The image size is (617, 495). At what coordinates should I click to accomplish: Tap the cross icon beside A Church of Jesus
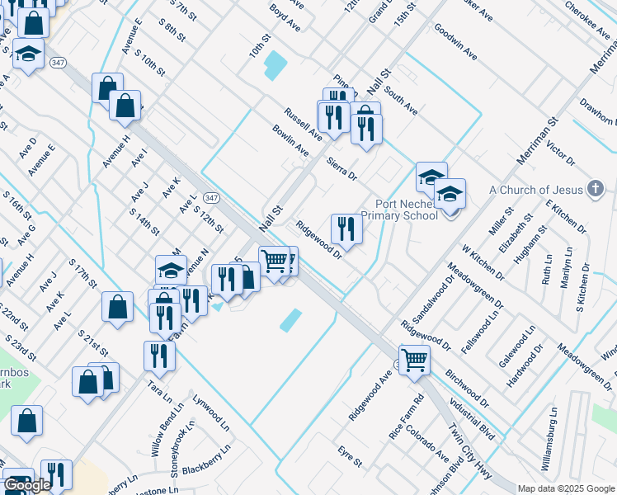tap(594, 189)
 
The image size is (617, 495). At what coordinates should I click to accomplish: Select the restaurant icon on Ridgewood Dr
tap(346, 228)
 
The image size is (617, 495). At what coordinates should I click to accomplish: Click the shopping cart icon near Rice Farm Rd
tap(414, 358)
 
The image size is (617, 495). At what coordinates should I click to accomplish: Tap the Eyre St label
tap(350, 456)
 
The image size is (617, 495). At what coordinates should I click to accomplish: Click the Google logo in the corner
tap(27, 485)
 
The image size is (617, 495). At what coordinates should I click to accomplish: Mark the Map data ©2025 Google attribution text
tap(567, 488)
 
